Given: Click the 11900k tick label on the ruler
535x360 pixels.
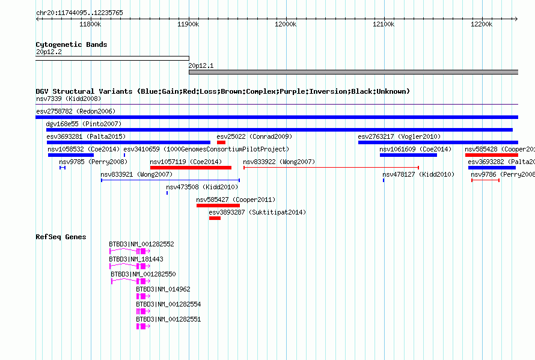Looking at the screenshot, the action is pyautogui.click(x=188, y=24).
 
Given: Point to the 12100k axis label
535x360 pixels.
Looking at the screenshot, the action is pyautogui.click(x=384, y=24).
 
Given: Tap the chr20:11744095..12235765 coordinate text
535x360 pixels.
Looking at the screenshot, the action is pyautogui.click(x=79, y=13).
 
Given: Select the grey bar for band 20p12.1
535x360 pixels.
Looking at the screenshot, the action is pyautogui.click(x=353, y=72).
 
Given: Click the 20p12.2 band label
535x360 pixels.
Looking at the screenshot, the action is pyautogui.click(x=49, y=52).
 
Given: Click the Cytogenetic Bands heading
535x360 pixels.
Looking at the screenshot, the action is pyautogui.click(x=72, y=44).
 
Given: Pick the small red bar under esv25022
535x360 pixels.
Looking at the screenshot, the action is pyautogui.click(x=221, y=142).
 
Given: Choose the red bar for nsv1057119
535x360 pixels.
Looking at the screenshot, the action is pyautogui.click(x=191, y=168).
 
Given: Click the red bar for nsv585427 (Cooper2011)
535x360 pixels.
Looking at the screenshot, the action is pyautogui.click(x=218, y=206).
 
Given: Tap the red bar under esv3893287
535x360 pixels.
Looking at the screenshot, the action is pyautogui.click(x=215, y=218).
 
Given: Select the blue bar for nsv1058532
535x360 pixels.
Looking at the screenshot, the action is pyautogui.click(x=71, y=155).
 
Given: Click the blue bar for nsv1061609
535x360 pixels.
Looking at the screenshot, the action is pyautogui.click(x=408, y=155).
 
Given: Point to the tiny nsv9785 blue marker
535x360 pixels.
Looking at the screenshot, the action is pyautogui.click(x=63, y=168).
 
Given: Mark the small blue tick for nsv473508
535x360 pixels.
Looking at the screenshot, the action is pyautogui.click(x=167, y=193).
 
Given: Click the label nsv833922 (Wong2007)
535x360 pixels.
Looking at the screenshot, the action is pyautogui.click(x=279, y=162).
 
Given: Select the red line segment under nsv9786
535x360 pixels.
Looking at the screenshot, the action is pyautogui.click(x=486, y=180).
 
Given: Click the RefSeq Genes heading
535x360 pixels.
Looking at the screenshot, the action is pyautogui.click(x=61, y=237).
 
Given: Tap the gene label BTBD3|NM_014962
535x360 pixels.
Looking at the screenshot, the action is pyautogui.click(x=163, y=289).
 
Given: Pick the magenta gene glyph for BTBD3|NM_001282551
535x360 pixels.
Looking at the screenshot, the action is pyautogui.click(x=143, y=326).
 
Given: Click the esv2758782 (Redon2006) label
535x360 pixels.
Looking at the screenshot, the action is pyautogui.click(x=76, y=111).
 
